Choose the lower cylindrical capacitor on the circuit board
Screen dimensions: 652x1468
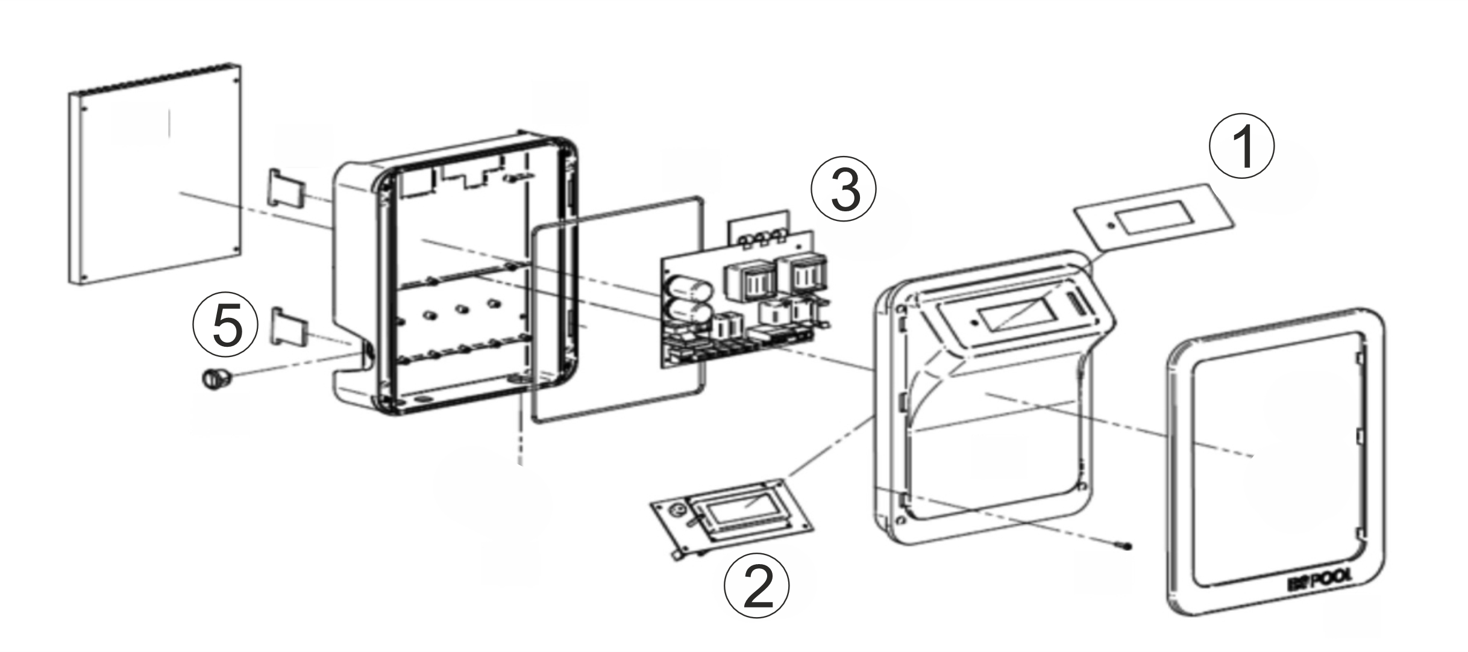pos(691,313)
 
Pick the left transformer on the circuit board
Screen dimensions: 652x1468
pos(749,279)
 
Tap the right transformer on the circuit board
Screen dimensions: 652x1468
pos(802,272)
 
